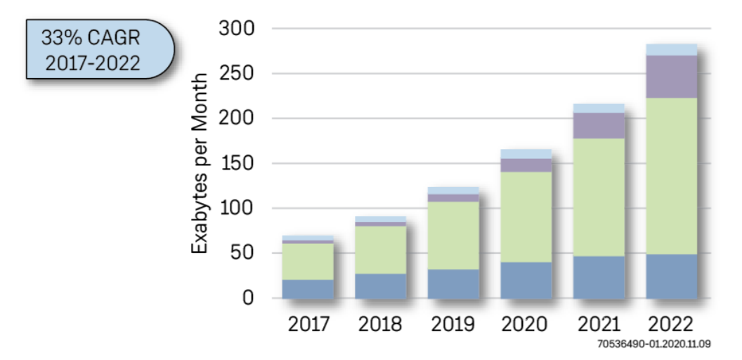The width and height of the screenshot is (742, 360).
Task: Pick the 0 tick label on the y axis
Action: point(248,298)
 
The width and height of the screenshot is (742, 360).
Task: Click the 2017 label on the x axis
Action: point(308,324)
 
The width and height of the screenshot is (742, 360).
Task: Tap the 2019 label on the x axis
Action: point(453,324)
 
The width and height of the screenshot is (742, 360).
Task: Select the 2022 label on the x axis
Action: point(670,324)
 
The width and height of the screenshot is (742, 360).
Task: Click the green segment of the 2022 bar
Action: point(671,176)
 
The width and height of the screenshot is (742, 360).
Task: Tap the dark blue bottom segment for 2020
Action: point(526,281)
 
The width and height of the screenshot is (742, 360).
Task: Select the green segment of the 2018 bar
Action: point(380,250)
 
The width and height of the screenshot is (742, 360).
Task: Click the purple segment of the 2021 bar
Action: point(598,125)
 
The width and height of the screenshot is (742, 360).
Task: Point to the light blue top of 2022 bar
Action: point(671,49)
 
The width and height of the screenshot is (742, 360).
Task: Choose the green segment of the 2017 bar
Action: point(308,261)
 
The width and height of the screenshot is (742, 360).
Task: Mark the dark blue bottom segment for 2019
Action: point(453,284)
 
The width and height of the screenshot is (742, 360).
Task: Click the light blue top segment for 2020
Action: point(526,153)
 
